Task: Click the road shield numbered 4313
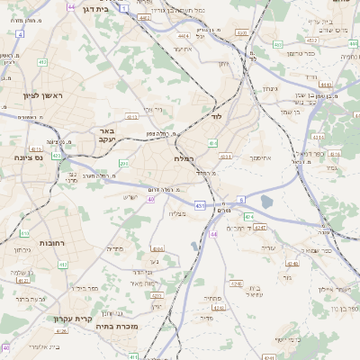[131, 116]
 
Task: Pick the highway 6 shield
[241, 199]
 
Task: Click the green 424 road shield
[248, 217]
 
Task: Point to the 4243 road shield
[291, 264]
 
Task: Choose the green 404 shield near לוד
[213, 142]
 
